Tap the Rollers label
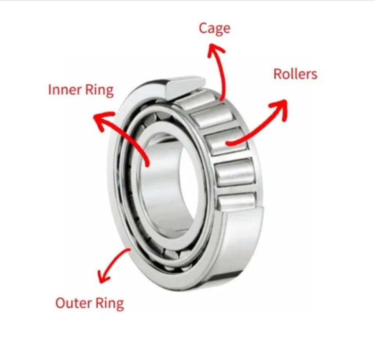coord(295,74)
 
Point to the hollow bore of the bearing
coord(168,184)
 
